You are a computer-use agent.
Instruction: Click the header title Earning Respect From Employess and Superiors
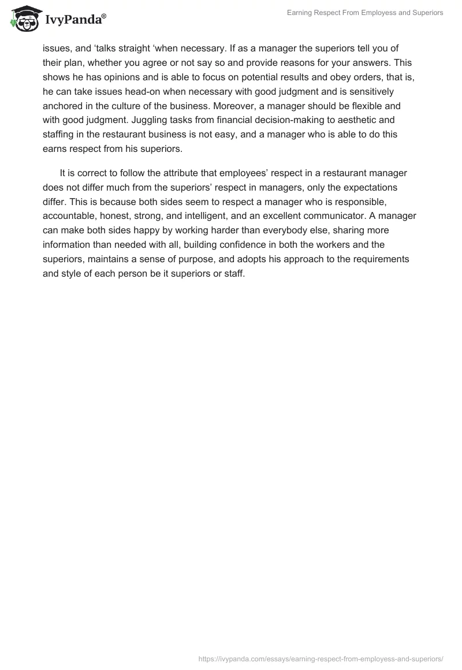pos(365,13)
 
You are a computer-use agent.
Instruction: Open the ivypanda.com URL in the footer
pos(321,658)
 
